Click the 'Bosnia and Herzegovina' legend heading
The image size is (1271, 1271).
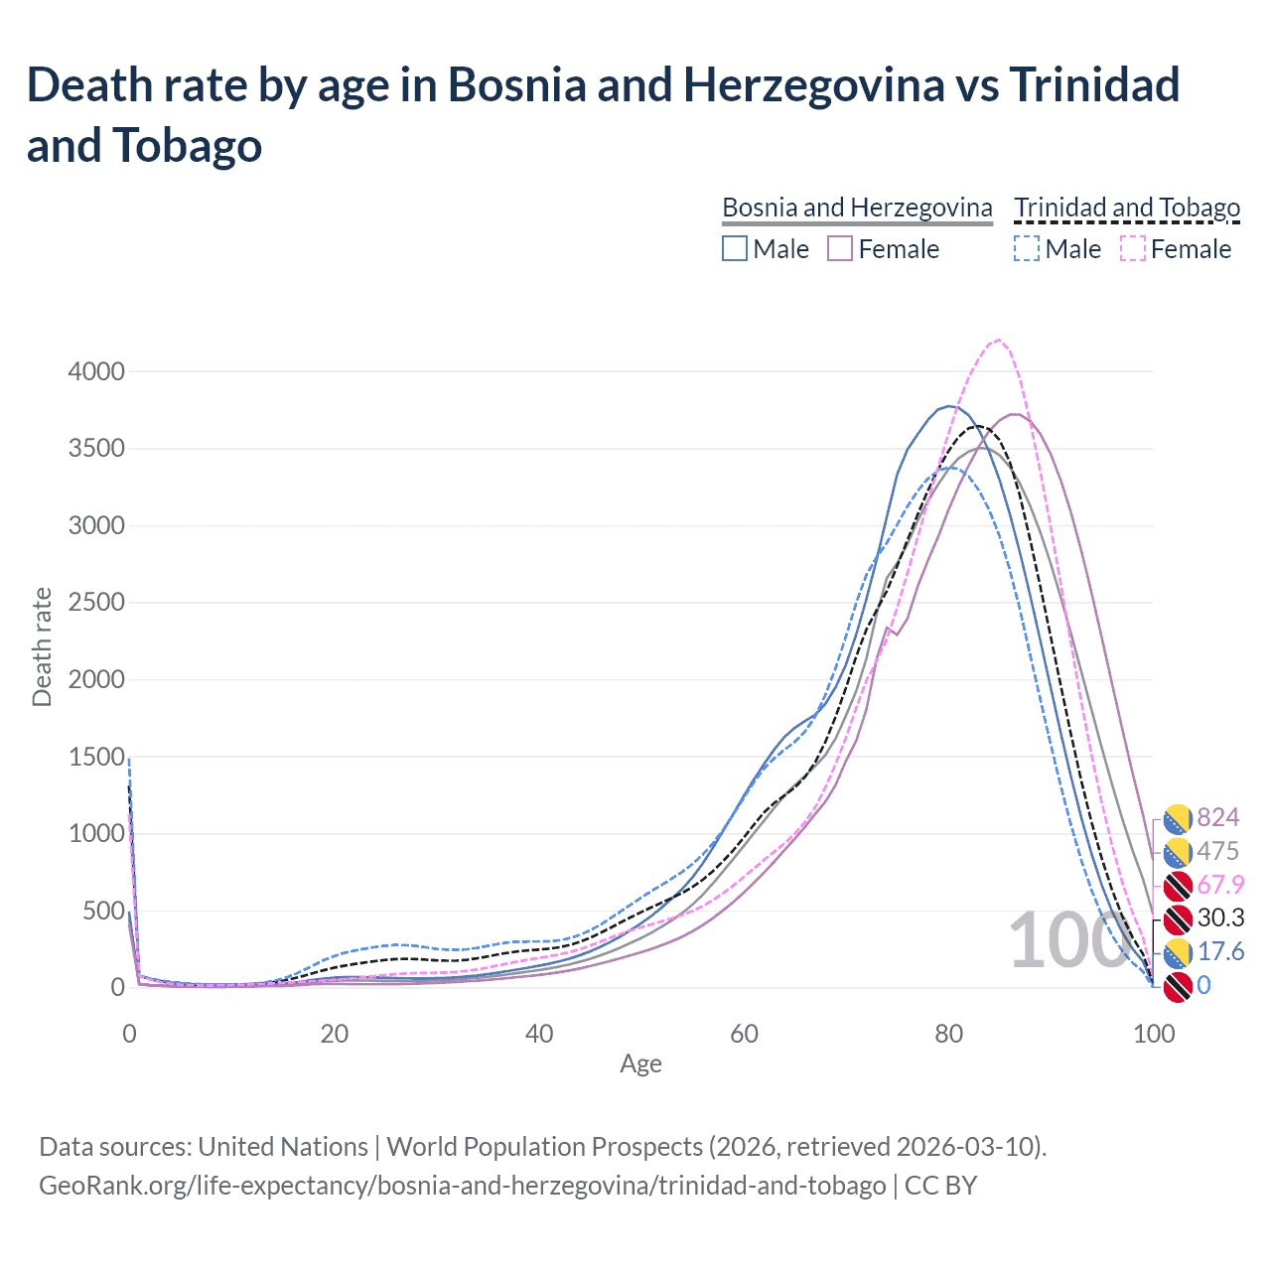pos(857,208)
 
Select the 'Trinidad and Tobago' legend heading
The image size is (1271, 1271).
pos(1127,208)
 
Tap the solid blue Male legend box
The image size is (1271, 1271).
pos(735,248)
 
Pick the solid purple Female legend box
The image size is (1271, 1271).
pos(840,248)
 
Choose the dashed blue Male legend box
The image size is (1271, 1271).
pos(1027,248)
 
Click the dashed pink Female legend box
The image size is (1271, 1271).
pos(1133,248)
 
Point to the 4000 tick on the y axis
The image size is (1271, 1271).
pos(96,371)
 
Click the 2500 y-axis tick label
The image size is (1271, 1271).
pos(96,603)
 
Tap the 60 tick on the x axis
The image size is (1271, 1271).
pos(744,1034)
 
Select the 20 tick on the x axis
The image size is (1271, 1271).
pos(334,1034)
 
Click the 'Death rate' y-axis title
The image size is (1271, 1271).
pos(42,646)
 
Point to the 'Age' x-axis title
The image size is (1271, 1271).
pos(640,1064)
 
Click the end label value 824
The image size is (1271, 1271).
pos(1218,817)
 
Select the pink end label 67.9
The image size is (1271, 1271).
pos(1220,885)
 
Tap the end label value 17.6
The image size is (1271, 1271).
pos(1220,952)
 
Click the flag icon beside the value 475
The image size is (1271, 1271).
pos(1178,852)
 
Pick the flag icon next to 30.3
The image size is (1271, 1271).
pos(1178,918)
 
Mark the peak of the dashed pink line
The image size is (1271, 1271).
pos(998,341)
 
